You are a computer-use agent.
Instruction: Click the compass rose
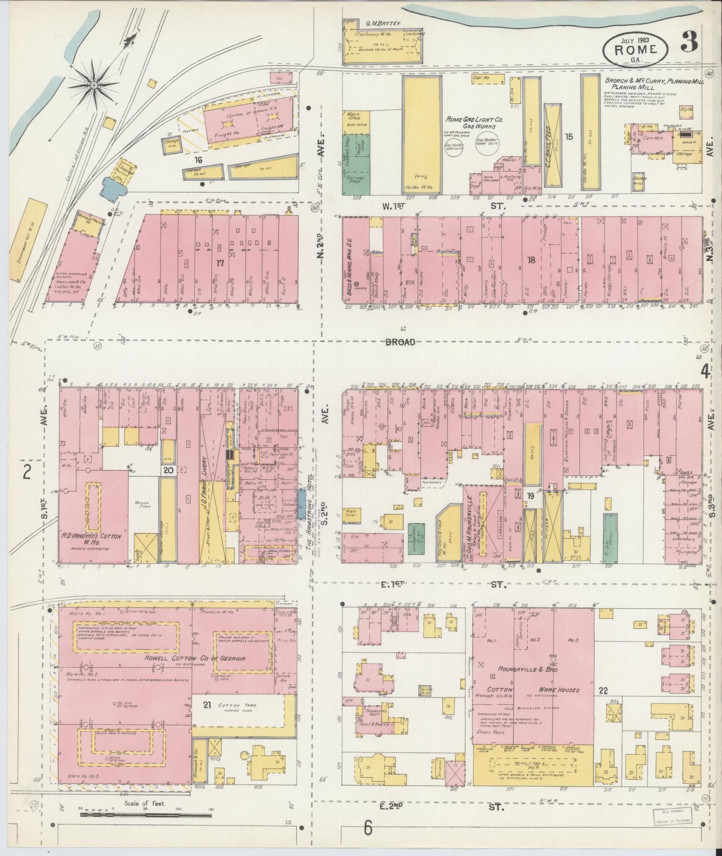click(93, 86)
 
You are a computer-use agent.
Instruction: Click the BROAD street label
click(400, 342)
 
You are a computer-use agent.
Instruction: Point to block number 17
click(218, 262)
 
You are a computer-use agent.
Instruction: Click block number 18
click(531, 259)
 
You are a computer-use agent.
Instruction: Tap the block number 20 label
click(168, 470)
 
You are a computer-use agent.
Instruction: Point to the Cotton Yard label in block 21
click(237, 705)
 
